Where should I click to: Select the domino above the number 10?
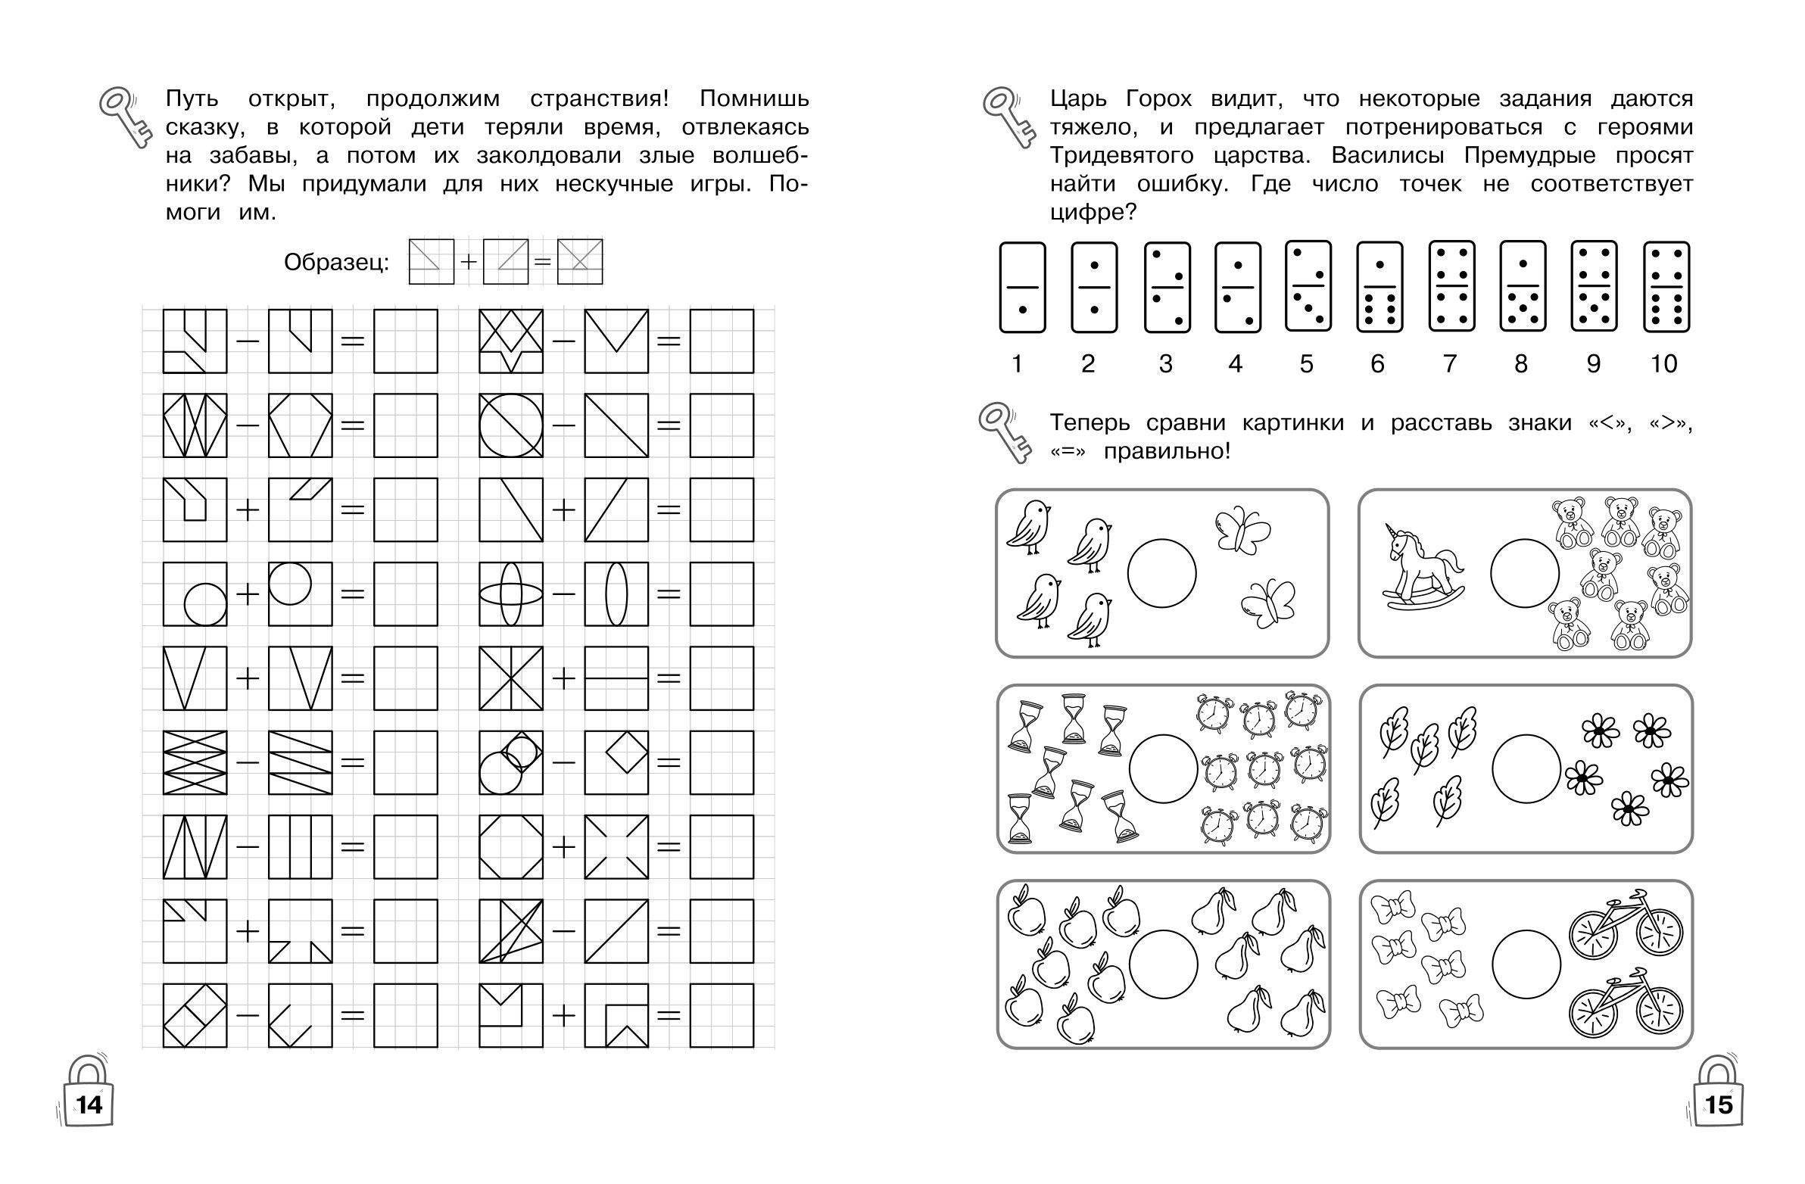click(1666, 287)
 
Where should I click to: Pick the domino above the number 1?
click(1022, 287)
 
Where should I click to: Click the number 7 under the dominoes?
click(1450, 364)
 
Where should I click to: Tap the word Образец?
click(336, 263)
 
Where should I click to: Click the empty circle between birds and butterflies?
click(1162, 572)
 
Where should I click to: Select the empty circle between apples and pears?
click(1164, 964)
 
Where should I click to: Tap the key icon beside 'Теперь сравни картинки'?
click(1005, 432)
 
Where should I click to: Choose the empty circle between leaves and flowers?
click(1526, 768)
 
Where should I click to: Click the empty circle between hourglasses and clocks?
click(1164, 768)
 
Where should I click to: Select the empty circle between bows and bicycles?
click(1526, 964)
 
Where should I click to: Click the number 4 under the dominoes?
click(1236, 364)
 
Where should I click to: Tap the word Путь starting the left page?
click(192, 99)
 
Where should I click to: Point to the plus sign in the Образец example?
click(469, 262)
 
